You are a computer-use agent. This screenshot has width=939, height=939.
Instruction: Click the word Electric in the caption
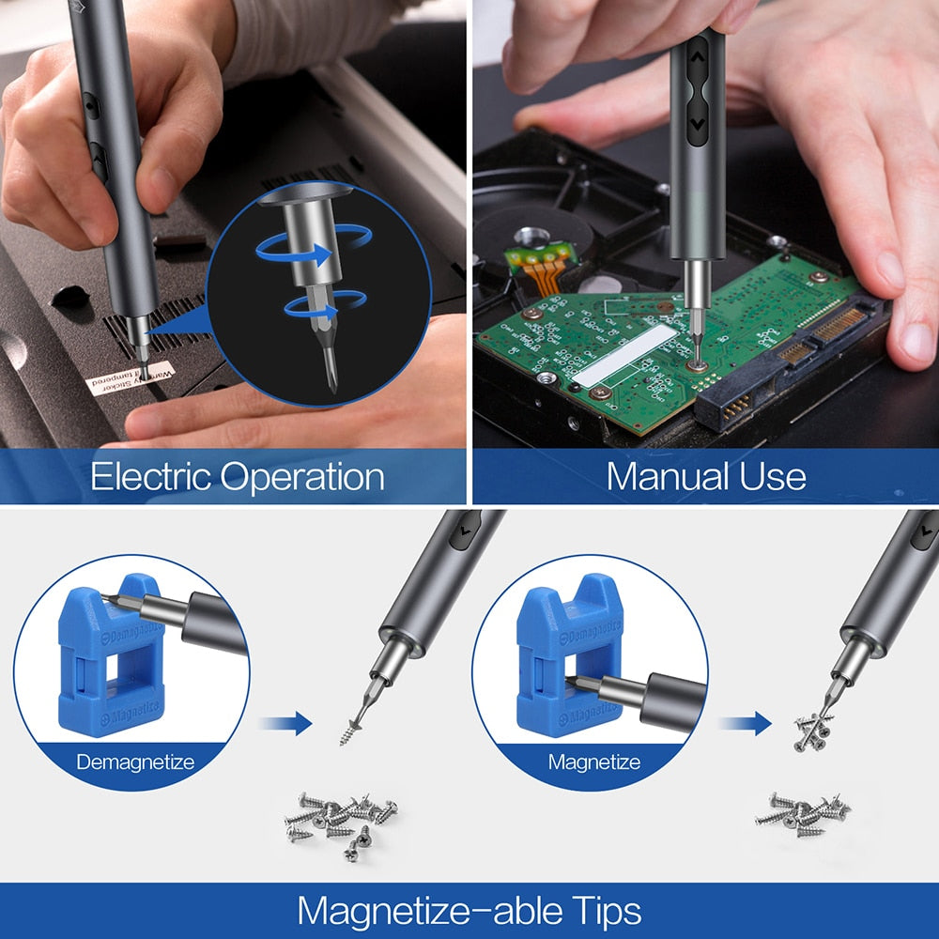(150, 477)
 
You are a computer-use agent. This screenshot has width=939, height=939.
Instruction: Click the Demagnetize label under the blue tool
(134, 762)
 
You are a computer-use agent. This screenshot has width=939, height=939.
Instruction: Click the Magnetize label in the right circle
(593, 762)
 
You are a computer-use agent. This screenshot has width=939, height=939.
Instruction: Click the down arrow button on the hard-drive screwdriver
(697, 123)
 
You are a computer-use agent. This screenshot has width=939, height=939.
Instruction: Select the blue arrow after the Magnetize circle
(745, 723)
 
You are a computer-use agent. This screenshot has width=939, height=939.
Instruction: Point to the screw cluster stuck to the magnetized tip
(813, 731)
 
